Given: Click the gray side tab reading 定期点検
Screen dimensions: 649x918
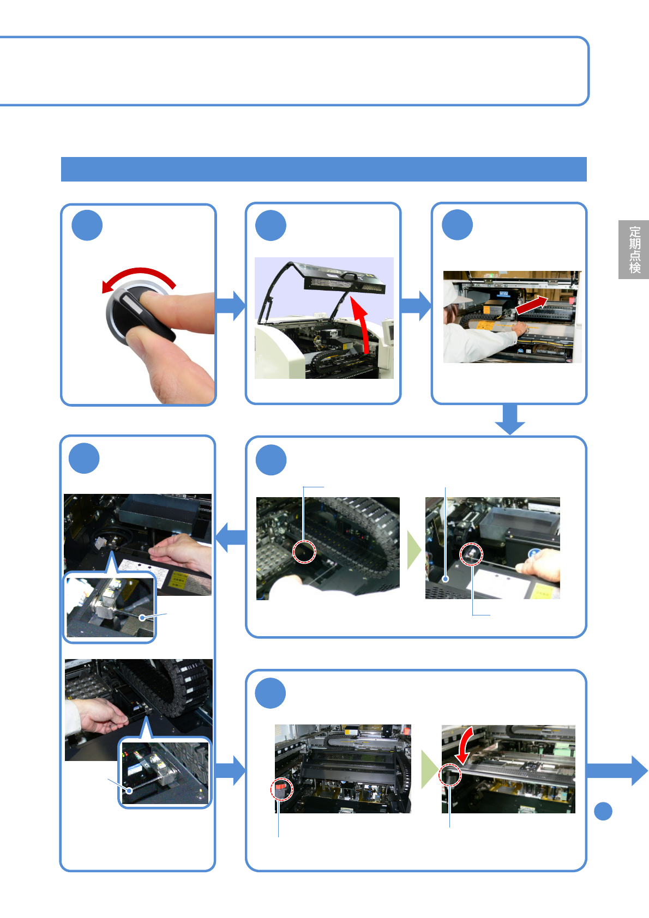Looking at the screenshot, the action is pos(634,249).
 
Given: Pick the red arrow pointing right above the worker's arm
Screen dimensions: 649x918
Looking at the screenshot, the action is pos(531,305).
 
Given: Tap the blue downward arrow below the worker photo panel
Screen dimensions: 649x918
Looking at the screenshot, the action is pos(510,419).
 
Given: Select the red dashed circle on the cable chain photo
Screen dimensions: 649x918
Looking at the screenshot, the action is pos(304,552).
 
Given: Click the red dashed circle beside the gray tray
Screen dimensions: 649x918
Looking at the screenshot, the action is pos(471,554).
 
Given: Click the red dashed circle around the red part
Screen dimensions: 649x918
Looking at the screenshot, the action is pos(281,789).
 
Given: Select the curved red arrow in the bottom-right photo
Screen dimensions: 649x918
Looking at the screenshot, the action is pos(464,745).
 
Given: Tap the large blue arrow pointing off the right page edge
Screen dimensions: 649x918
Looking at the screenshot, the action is pos(619,770).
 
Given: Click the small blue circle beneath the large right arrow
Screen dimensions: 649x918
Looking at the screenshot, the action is pos(603,811).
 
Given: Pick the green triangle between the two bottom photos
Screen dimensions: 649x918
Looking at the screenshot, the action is pos(428,769).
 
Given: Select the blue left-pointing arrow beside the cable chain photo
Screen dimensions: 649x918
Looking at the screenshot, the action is pos(231,537).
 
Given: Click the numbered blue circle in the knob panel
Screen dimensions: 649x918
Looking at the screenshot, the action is pos(87,225).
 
